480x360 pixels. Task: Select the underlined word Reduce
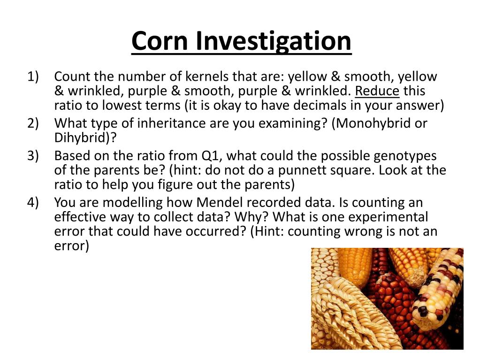377,91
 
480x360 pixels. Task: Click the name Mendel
218,202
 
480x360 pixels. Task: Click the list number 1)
33,77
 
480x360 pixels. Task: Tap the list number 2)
33,123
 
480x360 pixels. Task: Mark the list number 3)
33,156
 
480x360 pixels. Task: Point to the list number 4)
33,203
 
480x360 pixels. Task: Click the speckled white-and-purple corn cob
438,291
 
